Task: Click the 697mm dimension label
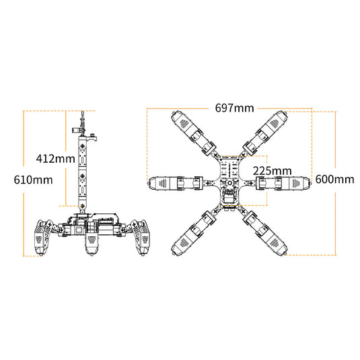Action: click(x=234, y=108)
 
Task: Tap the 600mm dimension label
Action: click(x=334, y=179)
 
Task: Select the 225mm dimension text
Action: click(x=273, y=171)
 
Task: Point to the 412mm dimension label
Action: click(x=56, y=158)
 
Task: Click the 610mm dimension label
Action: click(x=33, y=180)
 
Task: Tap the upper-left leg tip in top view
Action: click(x=174, y=113)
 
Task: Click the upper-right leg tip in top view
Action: click(x=285, y=113)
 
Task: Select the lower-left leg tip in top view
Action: click(x=174, y=253)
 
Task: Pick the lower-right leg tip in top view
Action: click(x=285, y=253)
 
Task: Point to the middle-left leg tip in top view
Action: click(x=148, y=183)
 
